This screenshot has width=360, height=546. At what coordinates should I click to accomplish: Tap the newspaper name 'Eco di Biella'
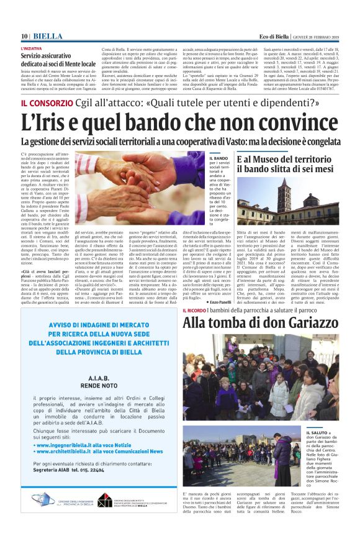pos(280,36)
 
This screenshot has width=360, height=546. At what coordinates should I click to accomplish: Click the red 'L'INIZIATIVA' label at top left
pos(32,48)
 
